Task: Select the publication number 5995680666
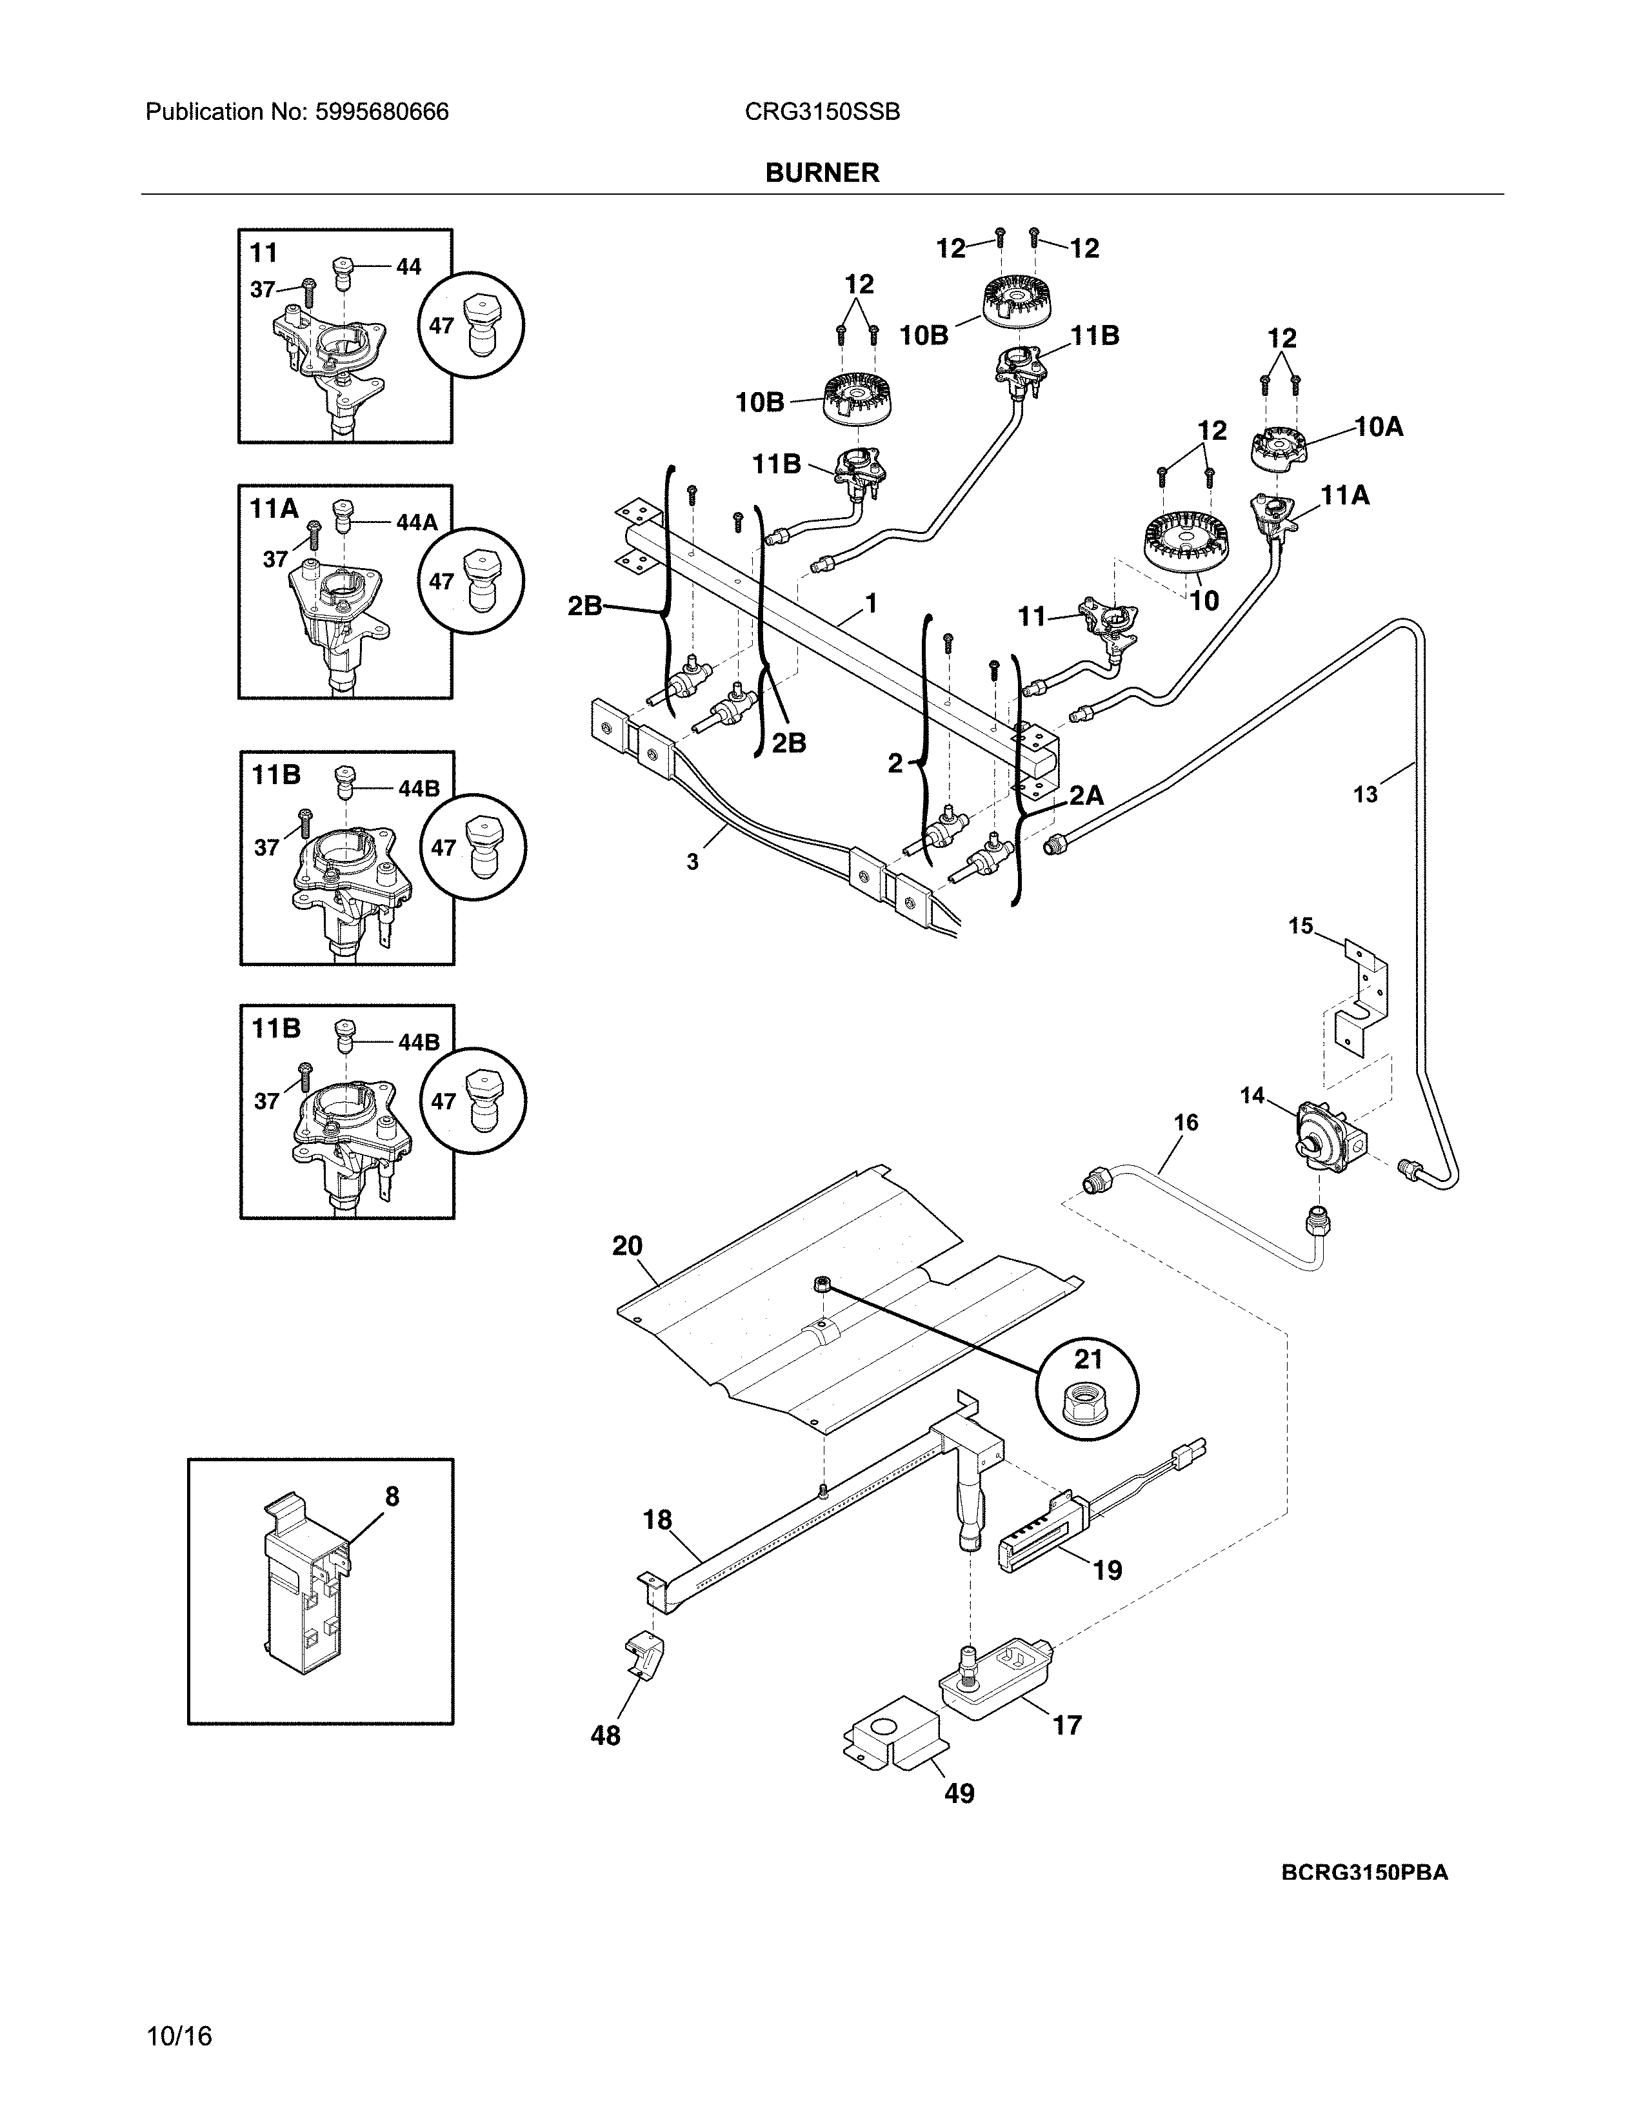pyautogui.click(x=381, y=112)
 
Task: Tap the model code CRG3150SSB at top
pyautogui.click(x=821, y=112)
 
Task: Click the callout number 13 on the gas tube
pyautogui.click(x=1365, y=795)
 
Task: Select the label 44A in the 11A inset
pyautogui.click(x=416, y=522)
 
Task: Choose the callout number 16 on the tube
pyautogui.click(x=1185, y=1123)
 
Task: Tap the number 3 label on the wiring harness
pyautogui.click(x=692, y=862)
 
